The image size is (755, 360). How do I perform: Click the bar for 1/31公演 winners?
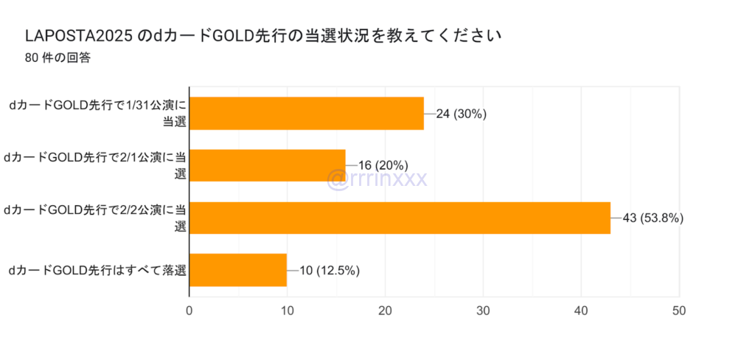tap(307, 113)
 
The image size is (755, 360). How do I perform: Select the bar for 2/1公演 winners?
tap(268, 165)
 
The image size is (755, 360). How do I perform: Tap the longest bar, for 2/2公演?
tap(400, 218)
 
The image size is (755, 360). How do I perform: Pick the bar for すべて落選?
tap(238, 270)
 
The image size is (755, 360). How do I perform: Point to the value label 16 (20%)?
tap(383, 165)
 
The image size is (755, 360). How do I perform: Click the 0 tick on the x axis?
tap(189, 311)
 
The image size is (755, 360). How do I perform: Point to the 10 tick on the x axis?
tap(288, 311)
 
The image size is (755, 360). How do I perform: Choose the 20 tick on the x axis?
tap(386, 311)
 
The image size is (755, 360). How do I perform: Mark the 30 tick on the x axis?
tap(483, 311)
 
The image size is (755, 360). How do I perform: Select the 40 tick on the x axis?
tap(581, 311)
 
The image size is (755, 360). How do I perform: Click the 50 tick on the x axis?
tap(679, 311)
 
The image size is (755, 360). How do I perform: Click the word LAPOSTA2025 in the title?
tap(79, 35)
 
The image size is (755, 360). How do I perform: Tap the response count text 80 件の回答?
tap(58, 58)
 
